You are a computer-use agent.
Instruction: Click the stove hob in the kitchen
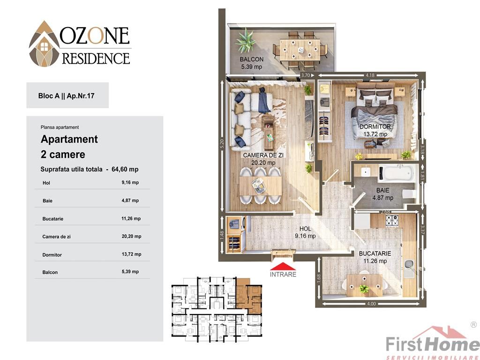tap(392, 221)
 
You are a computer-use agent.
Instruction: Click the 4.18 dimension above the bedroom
tap(370, 75)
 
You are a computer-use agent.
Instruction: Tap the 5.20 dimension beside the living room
tap(222, 145)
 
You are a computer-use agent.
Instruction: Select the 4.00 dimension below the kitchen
tap(371, 304)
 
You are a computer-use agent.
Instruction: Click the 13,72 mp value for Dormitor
tap(131, 254)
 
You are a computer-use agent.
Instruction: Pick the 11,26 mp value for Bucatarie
tap(131, 218)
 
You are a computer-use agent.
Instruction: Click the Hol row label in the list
tap(46, 183)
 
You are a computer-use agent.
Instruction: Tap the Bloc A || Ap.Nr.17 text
tap(66, 96)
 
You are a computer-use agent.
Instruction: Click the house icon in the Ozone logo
tap(45, 46)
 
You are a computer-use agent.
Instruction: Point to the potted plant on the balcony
tap(246, 41)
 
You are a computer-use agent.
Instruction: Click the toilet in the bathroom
tap(410, 194)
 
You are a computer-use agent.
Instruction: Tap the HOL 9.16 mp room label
tap(305, 232)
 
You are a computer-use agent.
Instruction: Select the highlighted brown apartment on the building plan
tap(248, 296)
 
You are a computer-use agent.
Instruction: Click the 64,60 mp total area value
tap(125, 169)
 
